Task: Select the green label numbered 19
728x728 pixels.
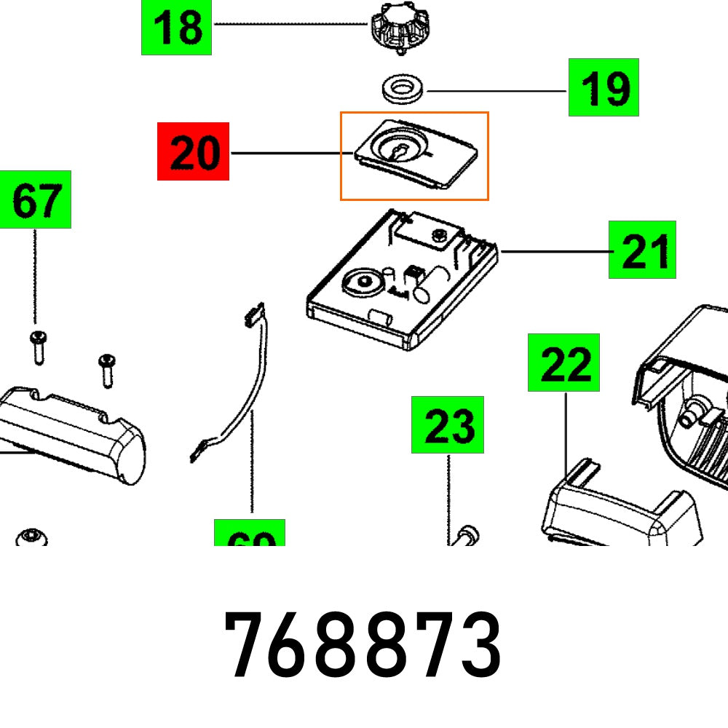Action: (x=604, y=88)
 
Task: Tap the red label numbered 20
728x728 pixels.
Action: (x=194, y=152)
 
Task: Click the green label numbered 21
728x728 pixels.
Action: (x=642, y=250)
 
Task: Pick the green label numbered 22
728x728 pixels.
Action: (x=563, y=363)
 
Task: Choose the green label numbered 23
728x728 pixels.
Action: (x=447, y=424)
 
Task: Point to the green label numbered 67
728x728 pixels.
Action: (x=36, y=199)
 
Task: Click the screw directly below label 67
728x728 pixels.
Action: (x=38, y=346)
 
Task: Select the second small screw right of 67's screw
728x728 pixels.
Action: (x=107, y=369)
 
